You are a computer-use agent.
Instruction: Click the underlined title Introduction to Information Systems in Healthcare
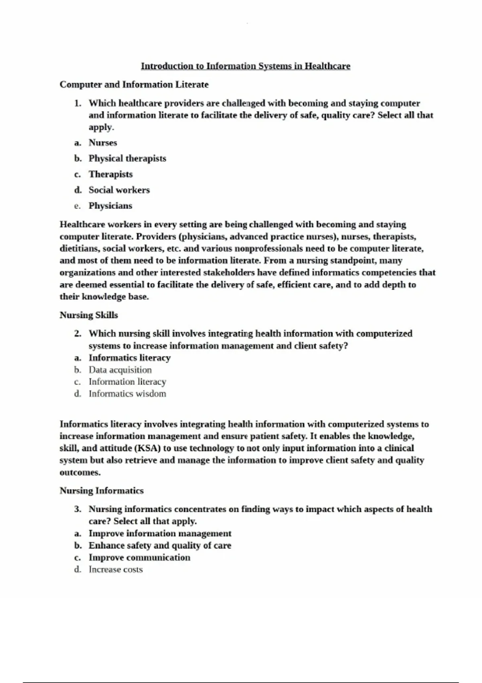pos(245,66)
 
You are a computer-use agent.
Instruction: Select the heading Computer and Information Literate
pos(134,84)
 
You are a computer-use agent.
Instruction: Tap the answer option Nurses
pos(103,143)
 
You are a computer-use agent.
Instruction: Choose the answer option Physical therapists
pos(127,158)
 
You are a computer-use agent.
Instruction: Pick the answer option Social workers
pos(119,190)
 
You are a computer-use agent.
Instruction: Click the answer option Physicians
pos(110,206)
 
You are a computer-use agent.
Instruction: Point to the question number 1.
pos(78,103)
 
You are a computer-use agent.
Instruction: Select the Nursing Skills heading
pos(89,315)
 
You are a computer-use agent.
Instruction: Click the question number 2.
pos(78,333)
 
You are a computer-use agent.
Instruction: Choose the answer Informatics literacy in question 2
pos(130,358)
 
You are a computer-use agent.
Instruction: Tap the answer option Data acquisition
pos(120,370)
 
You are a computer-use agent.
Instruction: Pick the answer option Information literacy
pos(127,382)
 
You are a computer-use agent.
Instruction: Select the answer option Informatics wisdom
pos(127,394)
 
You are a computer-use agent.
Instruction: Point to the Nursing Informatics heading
pos(102,491)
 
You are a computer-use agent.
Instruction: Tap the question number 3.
pos(78,509)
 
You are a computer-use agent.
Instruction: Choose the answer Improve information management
pos(160,534)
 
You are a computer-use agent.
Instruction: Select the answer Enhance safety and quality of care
pos(160,546)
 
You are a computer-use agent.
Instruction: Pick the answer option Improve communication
pos(139,558)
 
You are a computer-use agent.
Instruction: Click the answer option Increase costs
pos(116,570)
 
